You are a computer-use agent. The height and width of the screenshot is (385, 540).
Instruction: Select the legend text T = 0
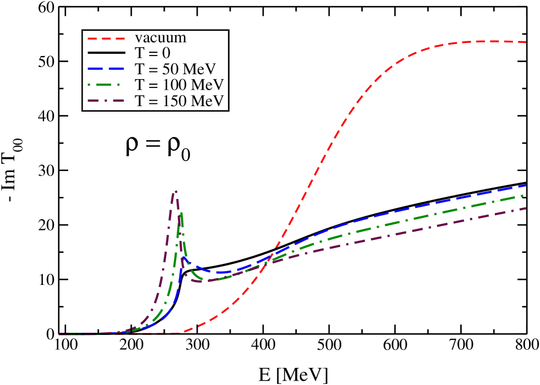(152, 53)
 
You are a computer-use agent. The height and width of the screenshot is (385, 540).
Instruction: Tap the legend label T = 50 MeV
(175, 69)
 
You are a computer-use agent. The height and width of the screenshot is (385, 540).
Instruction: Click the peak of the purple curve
(175, 191)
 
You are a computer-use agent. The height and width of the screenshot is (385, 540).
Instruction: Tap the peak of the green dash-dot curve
(180, 212)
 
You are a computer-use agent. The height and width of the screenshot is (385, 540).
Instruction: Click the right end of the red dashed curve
(526, 42)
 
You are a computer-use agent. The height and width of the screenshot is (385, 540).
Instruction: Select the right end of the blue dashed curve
(526, 185)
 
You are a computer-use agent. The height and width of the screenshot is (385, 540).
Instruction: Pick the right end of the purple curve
(526, 208)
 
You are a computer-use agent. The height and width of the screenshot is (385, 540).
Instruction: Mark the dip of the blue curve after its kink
(220, 273)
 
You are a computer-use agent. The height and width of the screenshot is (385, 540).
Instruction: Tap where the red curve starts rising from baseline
(181, 333)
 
